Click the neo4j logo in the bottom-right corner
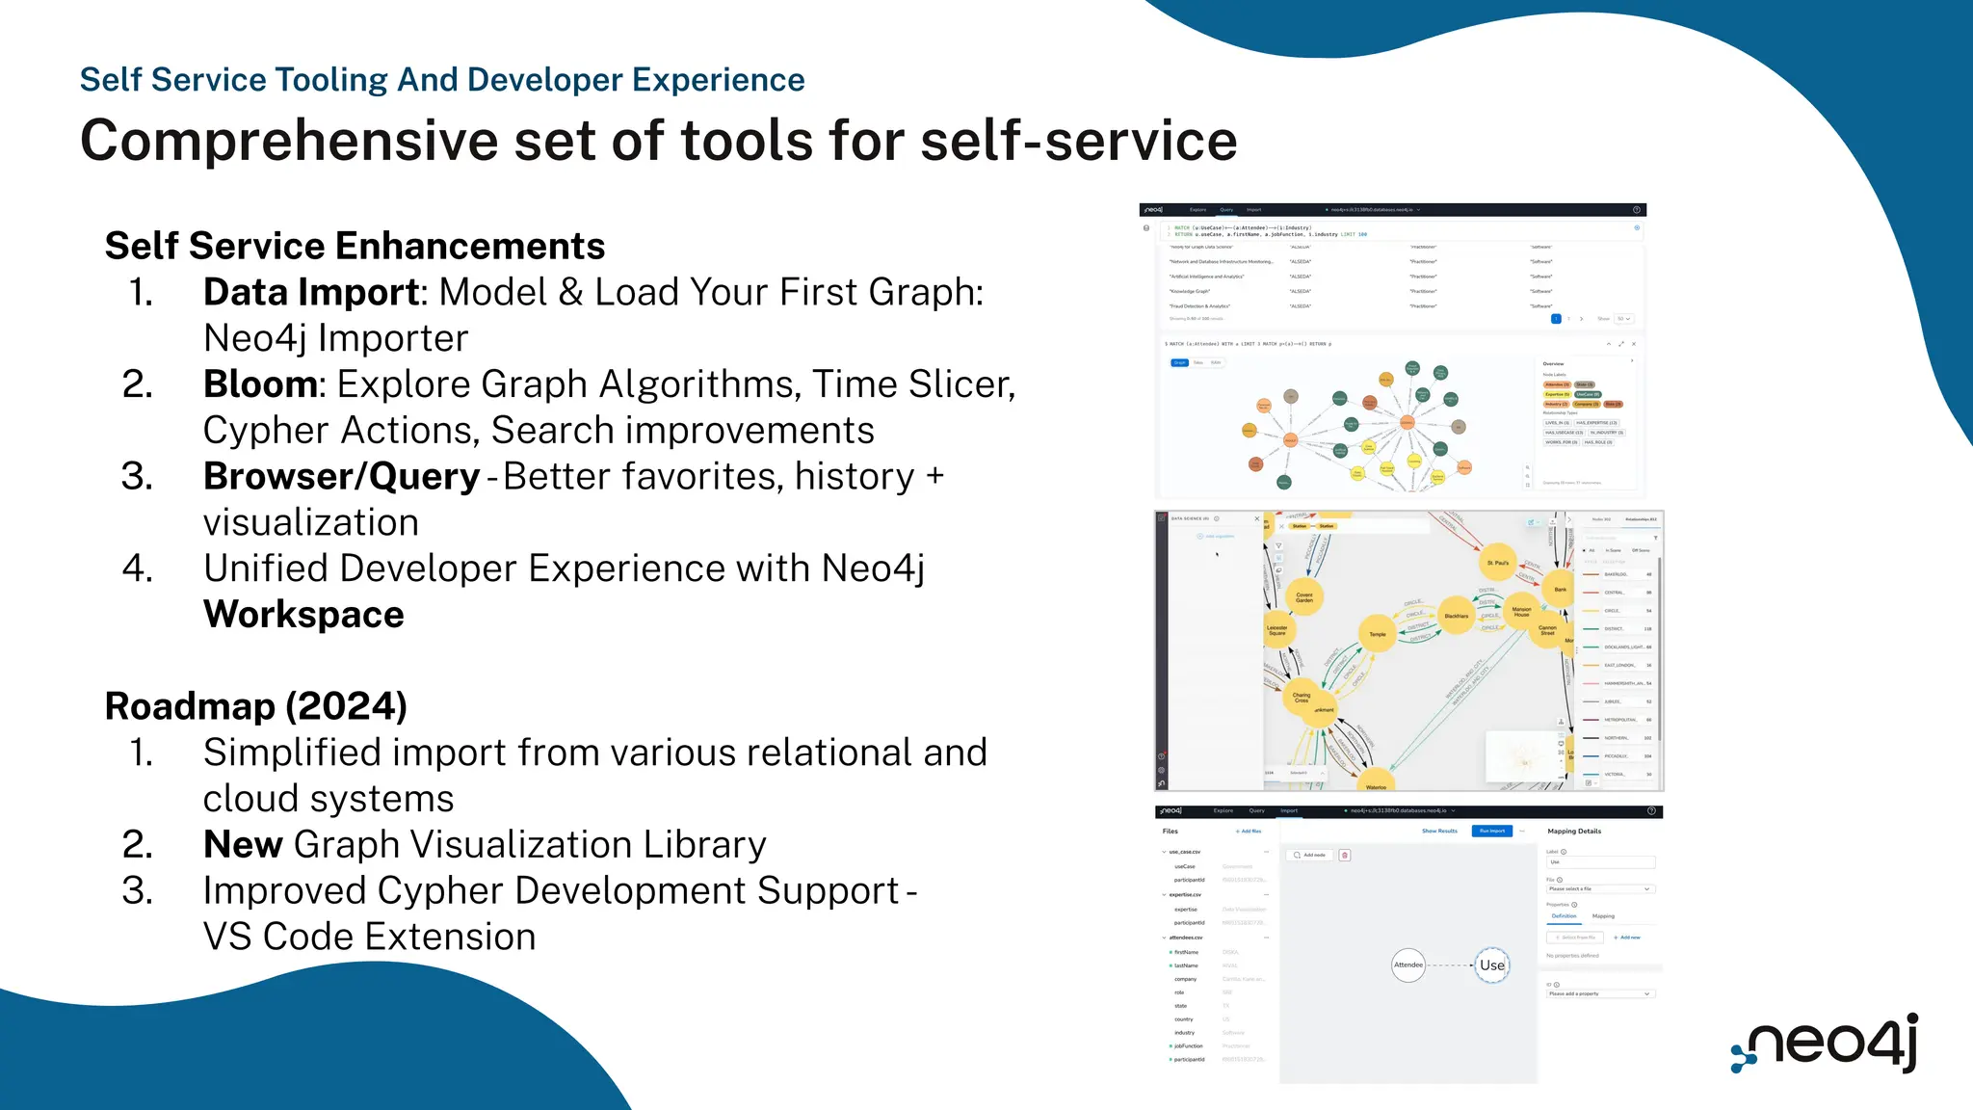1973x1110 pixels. click(1826, 1044)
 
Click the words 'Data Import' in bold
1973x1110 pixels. click(311, 292)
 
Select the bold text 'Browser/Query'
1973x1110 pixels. click(341, 477)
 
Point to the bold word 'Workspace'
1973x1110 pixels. click(303, 615)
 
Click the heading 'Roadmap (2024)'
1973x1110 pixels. click(255, 706)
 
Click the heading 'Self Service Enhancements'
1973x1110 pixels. click(355, 246)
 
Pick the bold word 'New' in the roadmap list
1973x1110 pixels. click(243, 845)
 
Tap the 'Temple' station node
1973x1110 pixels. click(1378, 633)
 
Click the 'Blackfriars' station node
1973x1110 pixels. click(1456, 616)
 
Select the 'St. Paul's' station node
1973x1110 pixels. click(1498, 562)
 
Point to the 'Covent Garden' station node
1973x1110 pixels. click(1304, 596)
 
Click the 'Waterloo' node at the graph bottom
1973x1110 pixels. click(1376, 782)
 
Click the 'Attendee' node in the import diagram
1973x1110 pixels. click(1408, 965)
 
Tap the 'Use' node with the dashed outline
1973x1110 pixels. click(1492, 965)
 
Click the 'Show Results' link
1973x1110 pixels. click(1439, 831)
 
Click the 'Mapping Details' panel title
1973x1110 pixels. click(1574, 831)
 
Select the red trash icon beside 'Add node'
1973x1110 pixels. click(1345, 855)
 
